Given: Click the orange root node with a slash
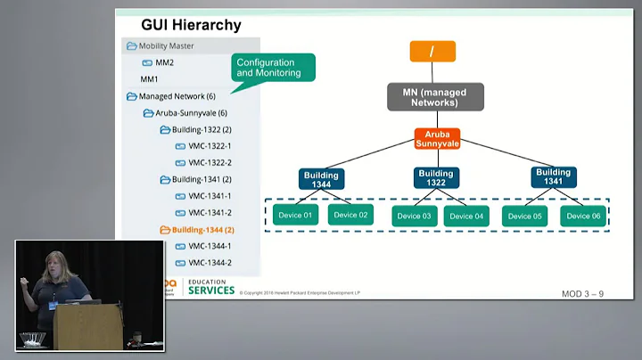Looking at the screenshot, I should (432, 52).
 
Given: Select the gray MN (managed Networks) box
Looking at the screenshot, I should (435, 96).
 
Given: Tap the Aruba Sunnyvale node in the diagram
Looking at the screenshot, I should (436, 138).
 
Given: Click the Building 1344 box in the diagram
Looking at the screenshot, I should (321, 177).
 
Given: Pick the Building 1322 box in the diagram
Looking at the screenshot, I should (436, 177).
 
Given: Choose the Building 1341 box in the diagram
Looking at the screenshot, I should (553, 176).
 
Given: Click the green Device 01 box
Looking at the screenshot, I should (296, 216).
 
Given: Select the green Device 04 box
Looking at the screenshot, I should (467, 216).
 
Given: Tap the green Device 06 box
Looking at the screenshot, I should (582, 216).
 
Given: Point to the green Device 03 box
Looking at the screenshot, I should (415, 216).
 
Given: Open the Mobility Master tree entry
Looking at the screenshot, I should (166, 45).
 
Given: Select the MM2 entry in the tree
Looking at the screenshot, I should (164, 62).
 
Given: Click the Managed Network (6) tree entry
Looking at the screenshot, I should (177, 96).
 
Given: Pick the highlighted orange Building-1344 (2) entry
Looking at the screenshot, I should (202, 230).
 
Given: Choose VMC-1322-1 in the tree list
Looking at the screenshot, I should (210, 146).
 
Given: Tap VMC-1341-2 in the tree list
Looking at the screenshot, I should (210, 213).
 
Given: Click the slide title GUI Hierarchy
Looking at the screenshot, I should (191, 25).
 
